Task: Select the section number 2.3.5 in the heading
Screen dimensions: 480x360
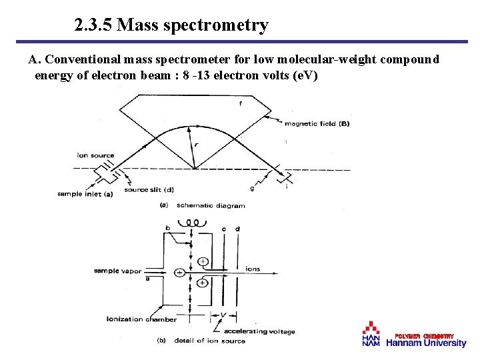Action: click(93, 26)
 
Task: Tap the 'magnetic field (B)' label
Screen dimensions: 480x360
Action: click(317, 123)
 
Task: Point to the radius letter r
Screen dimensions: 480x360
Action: click(196, 145)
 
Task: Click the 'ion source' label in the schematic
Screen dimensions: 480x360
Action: click(95, 155)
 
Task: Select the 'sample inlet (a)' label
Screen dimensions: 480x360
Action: click(85, 194)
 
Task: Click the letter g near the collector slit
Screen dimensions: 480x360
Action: click(252, 189)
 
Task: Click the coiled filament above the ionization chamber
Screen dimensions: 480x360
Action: click(193, 223)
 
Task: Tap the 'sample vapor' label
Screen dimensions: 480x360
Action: click(117, 271)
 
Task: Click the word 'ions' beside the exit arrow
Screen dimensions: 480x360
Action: click(253, 269)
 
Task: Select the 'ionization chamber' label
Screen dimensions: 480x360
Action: click(142, 319)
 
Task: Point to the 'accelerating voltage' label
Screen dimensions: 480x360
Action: click(259, 331)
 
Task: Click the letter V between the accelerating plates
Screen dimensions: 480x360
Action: click(223, 315)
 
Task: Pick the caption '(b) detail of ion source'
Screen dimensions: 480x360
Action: click(201, 341)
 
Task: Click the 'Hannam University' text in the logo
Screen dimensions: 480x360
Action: click(427, 343)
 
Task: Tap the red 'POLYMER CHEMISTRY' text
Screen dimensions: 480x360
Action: click(425, 335)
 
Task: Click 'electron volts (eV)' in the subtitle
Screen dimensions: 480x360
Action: click(263, 75)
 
